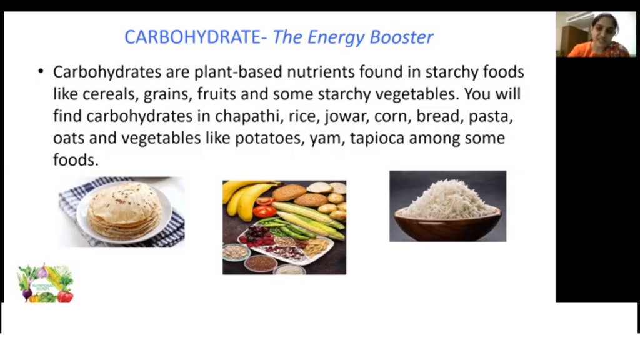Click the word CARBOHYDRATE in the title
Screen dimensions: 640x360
192,37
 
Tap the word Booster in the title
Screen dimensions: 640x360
401,37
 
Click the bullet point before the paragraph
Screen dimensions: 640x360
41,71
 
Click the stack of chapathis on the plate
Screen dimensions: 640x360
124,211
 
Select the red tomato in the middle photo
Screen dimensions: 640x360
264,211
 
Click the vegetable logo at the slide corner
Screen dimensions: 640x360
45,283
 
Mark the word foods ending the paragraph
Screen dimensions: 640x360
76,160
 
